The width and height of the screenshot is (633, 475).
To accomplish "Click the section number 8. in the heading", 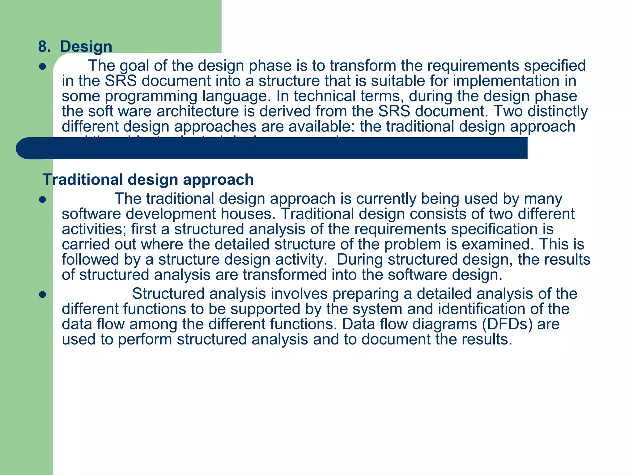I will (45, 47).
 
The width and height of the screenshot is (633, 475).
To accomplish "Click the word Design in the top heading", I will (86, 47).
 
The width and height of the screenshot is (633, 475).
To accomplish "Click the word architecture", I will (198, 111).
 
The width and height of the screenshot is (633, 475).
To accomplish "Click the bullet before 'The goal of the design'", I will (43, 67).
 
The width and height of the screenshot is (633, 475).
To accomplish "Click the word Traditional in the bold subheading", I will (83, 180).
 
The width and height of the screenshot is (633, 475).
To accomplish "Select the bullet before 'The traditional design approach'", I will (43, 200).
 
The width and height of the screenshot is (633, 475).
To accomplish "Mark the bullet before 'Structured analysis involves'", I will (43, 295).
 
